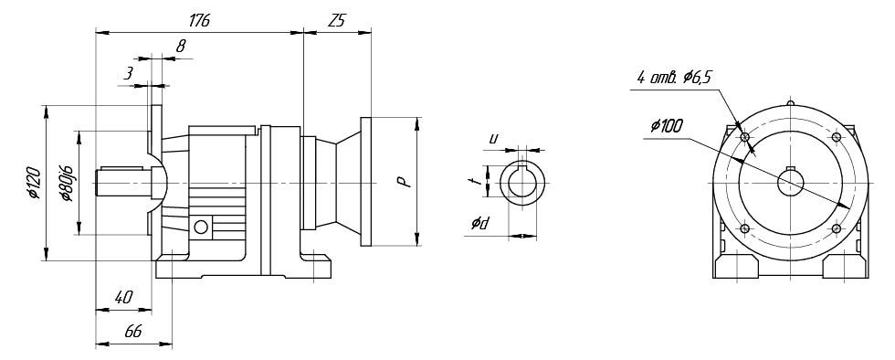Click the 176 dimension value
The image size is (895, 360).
point(199,21)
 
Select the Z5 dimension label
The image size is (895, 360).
point(337,21)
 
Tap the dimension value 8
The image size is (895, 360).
point(181,47)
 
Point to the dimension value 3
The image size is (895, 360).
point(129,74)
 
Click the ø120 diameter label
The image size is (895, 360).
point(34,183)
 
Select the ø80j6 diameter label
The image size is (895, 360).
point(66,183)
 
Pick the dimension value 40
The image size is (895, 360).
point(123,297)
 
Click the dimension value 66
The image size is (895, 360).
point(133,332)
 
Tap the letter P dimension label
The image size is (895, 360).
point(403,183)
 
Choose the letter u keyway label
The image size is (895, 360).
point(494,138)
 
